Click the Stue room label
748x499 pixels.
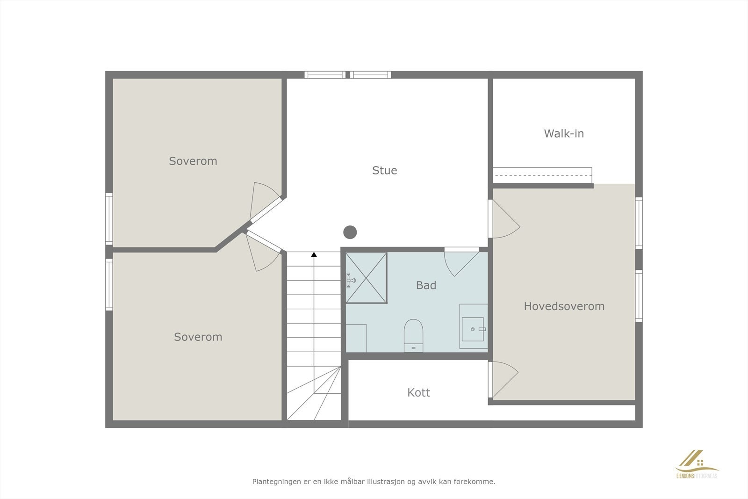pos(384,170)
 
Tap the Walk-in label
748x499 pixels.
pos(564,133)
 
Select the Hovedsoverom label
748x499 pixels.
pos(564,306)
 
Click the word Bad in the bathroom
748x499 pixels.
pos(426,285)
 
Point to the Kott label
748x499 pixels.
pos(418,392)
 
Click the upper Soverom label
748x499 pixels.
pos(193,161)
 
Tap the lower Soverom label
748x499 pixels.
pos(198,337)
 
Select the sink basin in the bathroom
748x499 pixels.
pos(473,329)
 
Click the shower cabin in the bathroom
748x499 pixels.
pos(367,278)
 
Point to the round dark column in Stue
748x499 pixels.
pos(350,232)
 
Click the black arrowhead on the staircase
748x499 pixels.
pos(314,255)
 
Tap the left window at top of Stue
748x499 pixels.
pos(324,75)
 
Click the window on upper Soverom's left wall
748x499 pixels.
pos(109,218)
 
